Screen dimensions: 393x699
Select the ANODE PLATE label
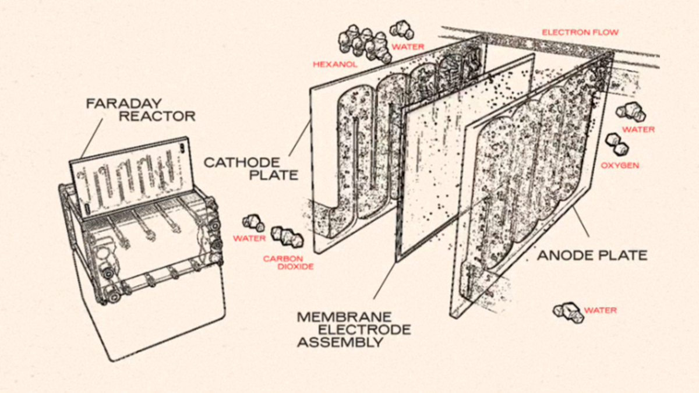(x=591, y=255)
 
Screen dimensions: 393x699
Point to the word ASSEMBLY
(x=340, y=342)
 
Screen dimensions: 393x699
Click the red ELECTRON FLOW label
(x=580, y=33)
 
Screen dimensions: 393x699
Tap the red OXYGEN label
(x=620, y=165)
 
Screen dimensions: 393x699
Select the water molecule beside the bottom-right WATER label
(x=569, y=312)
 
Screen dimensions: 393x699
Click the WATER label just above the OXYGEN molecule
(x=638, y=129)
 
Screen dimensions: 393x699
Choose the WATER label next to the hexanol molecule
(x=408, y=46)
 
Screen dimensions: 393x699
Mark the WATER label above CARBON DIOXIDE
(x=249, y=238)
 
